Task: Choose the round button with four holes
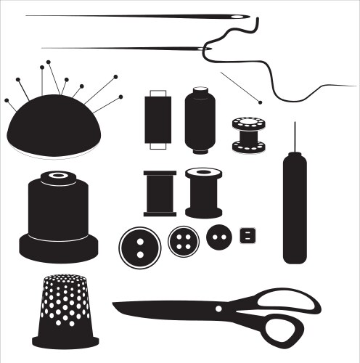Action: pyautogui.click(x=183, y=241)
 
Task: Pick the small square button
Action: pyautogui.click(x=249, y=235)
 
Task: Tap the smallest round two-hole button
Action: pyautogui.click(x=218, y=237)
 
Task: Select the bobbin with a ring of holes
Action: pyautogui.click(x=249, y=134)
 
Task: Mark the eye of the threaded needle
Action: pyautogui.click(x=205, y=49)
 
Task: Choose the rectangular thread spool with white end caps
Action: pyautogui.click(x=157, y=119)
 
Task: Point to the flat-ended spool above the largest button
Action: pyautogui.click(x=160, y=193)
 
